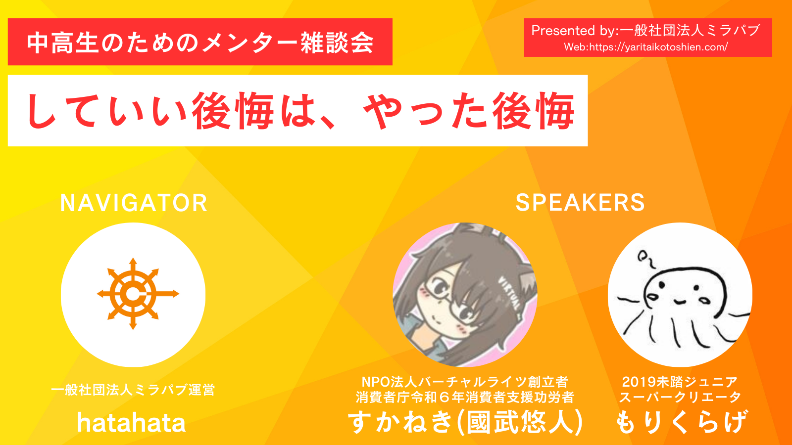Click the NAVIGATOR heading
133,203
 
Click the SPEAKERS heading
580,203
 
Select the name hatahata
131,423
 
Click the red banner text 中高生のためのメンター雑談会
200,43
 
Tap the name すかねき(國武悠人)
465,422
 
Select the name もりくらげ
681,422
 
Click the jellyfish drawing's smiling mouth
679,302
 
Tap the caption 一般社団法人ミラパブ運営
133,390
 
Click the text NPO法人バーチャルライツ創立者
465,382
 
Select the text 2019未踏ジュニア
680,382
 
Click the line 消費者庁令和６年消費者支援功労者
465,398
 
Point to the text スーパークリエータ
680,397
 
